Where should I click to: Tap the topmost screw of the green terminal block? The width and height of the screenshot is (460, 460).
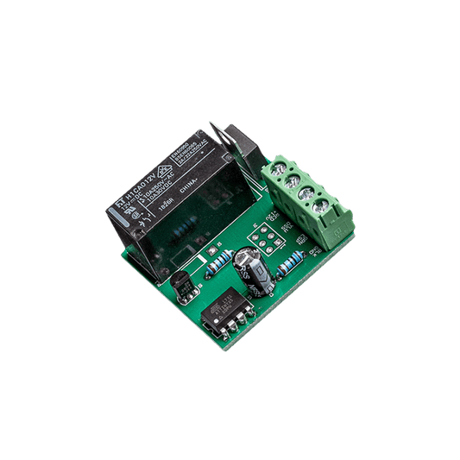280,168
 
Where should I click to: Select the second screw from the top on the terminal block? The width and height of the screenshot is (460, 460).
294,181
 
